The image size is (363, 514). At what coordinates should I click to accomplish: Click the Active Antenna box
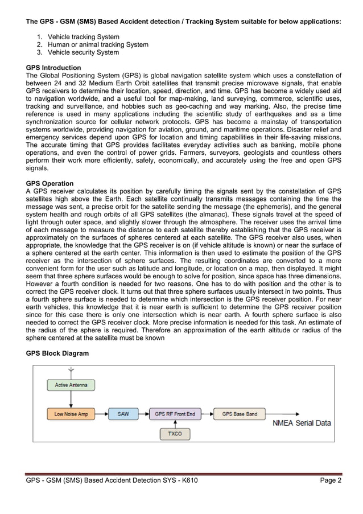[x=71, y=385]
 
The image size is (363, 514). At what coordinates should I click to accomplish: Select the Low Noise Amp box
[x=71, y=414]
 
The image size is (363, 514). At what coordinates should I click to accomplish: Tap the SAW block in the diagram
[x=123, y=414]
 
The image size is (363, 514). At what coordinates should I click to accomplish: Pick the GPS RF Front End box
[x=175, y=414]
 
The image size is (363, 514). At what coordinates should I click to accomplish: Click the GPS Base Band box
[x=239, y=414]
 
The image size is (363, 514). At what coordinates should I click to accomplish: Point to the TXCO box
[x=175, y=434]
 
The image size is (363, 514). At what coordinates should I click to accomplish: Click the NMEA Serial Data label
[x=302, y=423]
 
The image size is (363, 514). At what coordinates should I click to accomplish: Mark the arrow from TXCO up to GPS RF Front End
[x=175, y=424]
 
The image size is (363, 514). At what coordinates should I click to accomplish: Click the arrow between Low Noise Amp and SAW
[x=101, y=414]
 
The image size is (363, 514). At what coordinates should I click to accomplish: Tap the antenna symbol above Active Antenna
[x=71, y=372]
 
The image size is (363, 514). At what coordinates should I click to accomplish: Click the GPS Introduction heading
[x=53, y=68]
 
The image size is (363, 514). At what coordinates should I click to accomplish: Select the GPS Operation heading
[x=50, y=183]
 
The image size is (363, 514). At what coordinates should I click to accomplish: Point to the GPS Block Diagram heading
[x=57, y=353]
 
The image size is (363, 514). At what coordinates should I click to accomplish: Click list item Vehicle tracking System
[x=83, y=36]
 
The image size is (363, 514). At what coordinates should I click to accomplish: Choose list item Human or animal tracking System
[x=98, y=44]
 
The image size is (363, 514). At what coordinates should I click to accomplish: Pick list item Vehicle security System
[x=83, y=52]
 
